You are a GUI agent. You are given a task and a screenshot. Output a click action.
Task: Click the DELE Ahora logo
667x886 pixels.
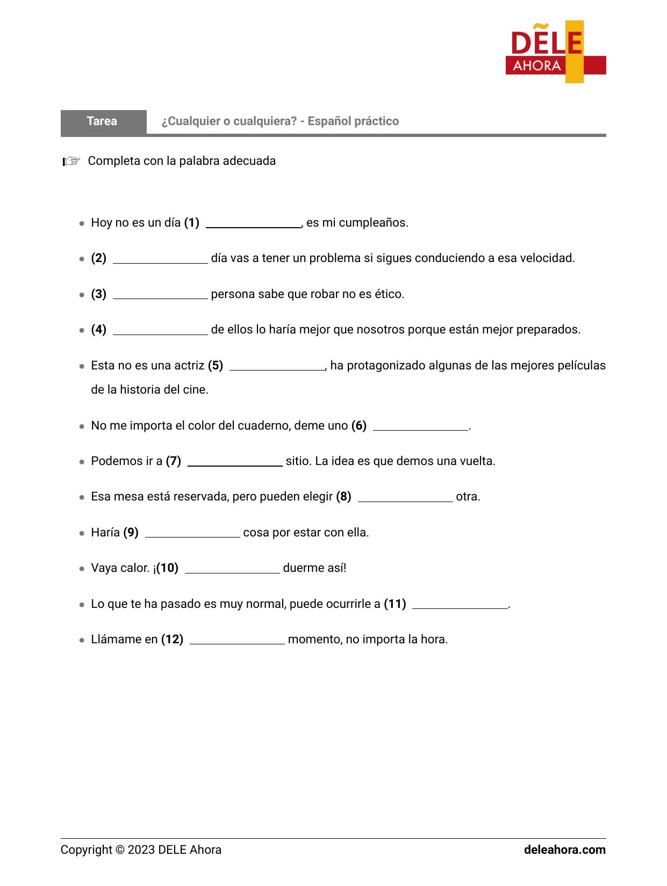pyautogui.click(x=555, y=52)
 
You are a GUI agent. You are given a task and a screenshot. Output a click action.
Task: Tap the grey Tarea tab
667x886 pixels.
pyautogui.click(x=103, y=121)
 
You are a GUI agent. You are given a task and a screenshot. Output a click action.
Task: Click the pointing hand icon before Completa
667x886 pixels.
pyautogui.click(x=71, y=161)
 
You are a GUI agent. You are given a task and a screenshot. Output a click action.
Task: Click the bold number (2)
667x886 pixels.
pyautogui.click(x=98, y=258)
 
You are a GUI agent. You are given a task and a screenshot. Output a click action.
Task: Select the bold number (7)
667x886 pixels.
pyautogui.click(x=173, y=461)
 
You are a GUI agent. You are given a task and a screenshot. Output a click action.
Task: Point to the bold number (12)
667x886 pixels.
pyautogui.click(x=172, y=640)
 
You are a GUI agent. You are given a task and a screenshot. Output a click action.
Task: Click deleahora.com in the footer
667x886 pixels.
pyautogui.click(x=564, y=850)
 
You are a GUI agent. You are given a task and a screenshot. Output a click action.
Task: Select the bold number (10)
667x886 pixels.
pyautogui.click(x=167, y=568)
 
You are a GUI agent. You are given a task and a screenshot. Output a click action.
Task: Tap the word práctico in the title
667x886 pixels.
pyautogui.click(x=376, y=121)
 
